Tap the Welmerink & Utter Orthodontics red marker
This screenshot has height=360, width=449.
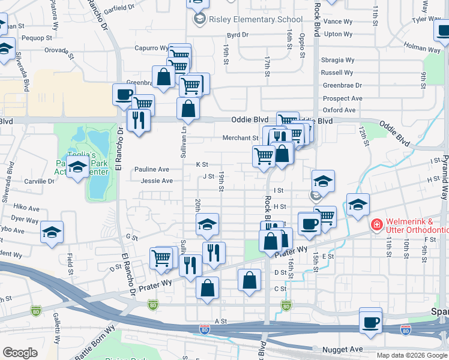(x=376, y=225)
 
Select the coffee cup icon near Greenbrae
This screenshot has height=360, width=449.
(x=124, y=95)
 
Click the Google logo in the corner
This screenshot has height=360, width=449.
(x=20, y=353)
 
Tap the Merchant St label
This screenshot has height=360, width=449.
(x=240, y=138)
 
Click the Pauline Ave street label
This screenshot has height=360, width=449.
(x=151, y=170)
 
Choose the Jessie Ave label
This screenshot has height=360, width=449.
(x=157, y=181)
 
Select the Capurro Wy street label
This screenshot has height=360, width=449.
(x=151, y=48)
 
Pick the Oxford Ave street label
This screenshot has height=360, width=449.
(x=339, y=110)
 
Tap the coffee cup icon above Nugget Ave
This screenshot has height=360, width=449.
(x=370, y=322)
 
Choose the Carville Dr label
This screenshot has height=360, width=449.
(x=40, y=181)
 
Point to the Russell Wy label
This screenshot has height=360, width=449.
(x=337, y=73)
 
